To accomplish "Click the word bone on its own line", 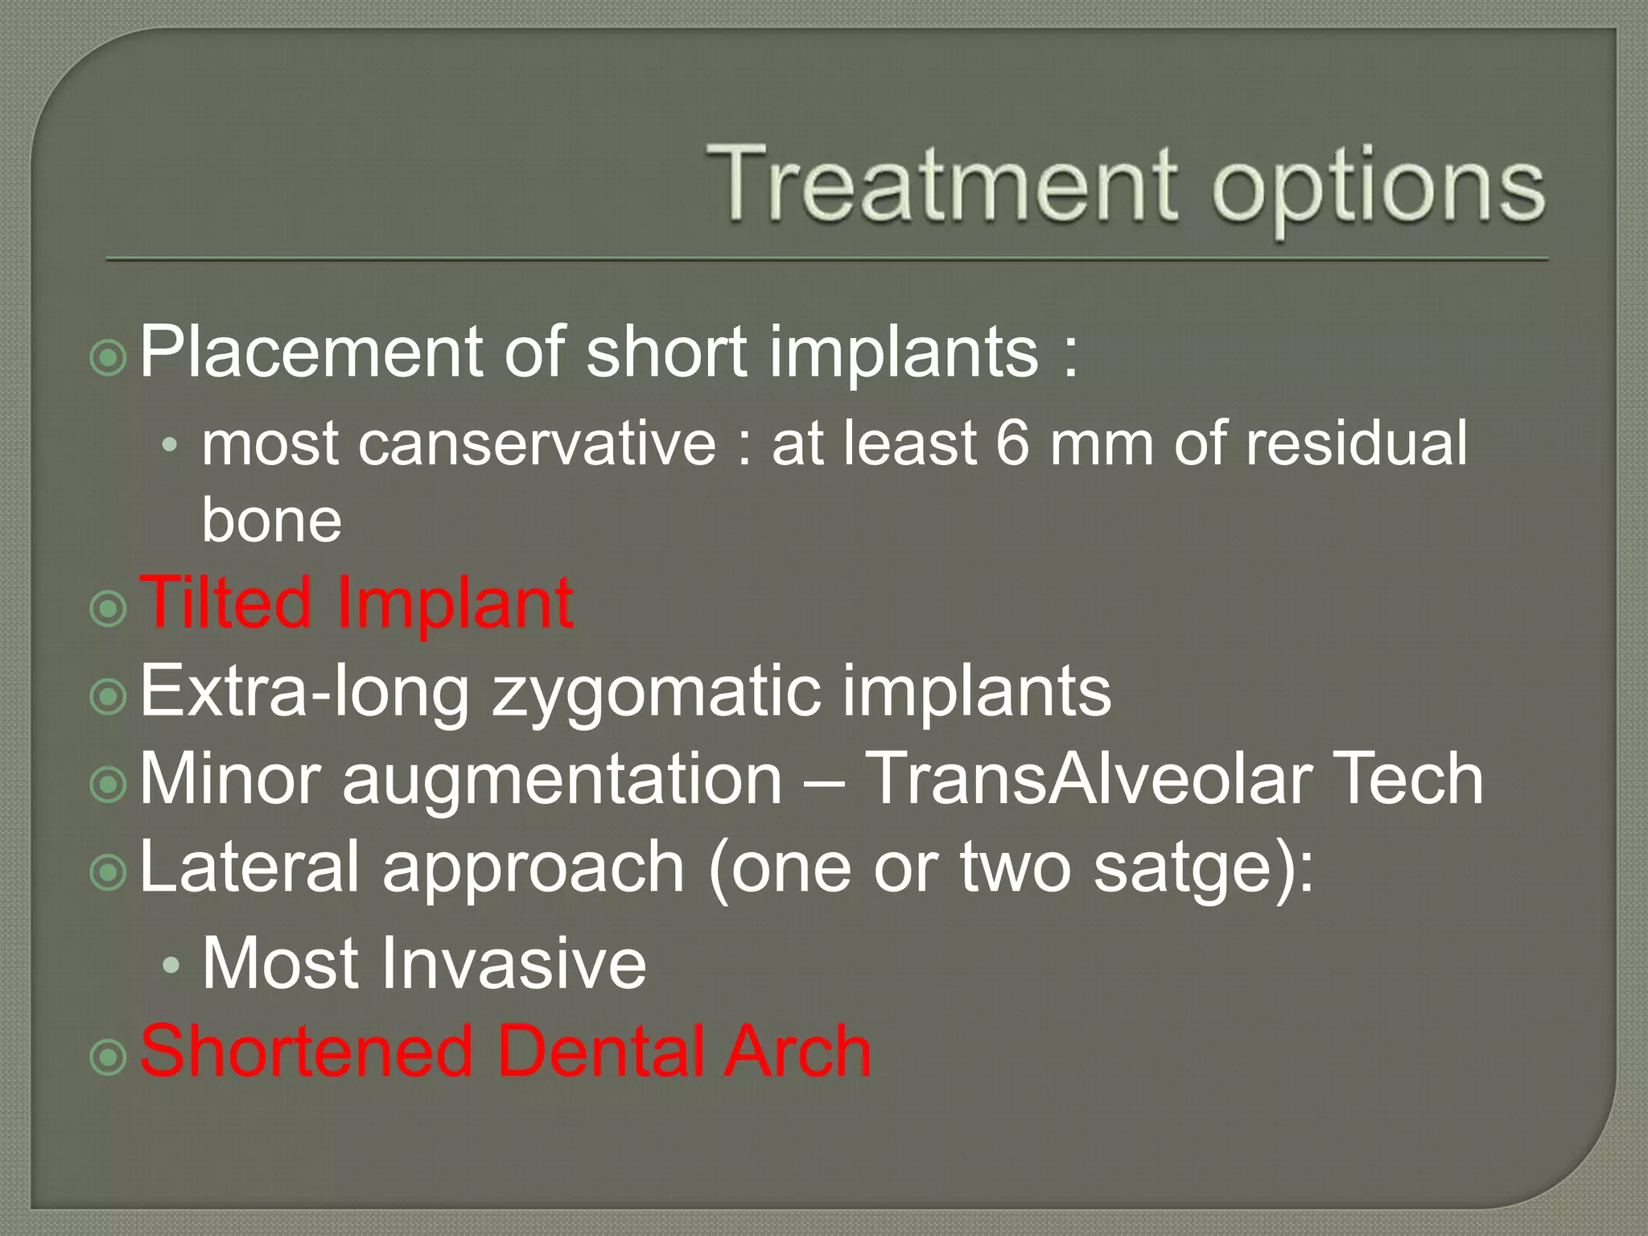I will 271,520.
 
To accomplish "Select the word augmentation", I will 562,781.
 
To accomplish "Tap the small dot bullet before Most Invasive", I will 170,966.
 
